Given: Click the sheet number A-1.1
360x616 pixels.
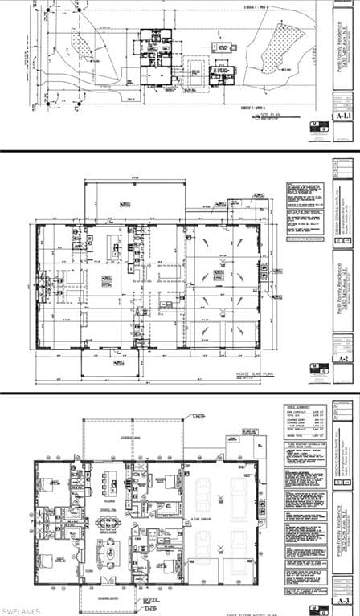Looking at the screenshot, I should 343,116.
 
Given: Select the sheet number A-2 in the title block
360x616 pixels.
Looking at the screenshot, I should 343,359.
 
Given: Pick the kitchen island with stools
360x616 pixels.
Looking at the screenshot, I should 105,487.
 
